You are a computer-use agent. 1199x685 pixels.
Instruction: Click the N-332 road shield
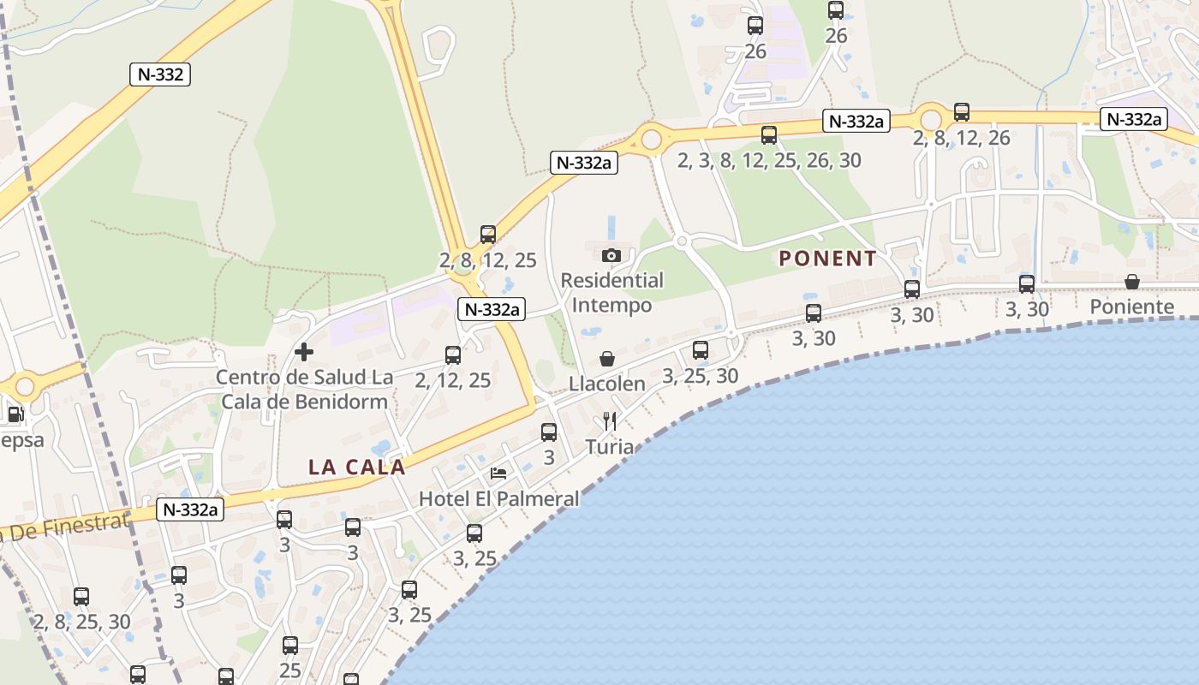160,74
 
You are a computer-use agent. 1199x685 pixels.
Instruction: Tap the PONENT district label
827,259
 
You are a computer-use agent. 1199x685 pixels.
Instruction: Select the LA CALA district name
356,468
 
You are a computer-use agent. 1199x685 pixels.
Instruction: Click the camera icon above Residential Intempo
611,255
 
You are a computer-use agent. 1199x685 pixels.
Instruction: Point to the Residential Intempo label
611,293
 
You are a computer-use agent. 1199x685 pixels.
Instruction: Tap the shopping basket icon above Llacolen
607,359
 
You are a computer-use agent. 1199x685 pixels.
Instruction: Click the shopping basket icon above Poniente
1131,282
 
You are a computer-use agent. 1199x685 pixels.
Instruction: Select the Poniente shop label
1131,307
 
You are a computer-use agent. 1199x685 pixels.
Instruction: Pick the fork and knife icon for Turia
610,420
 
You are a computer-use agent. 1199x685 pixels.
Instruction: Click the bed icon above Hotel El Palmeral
498,473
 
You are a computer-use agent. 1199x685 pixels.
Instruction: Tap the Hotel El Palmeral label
498,498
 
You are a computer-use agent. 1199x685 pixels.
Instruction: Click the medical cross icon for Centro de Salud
303,351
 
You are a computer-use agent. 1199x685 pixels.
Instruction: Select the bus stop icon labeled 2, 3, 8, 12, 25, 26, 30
768,134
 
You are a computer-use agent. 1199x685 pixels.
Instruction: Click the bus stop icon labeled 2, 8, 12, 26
961,112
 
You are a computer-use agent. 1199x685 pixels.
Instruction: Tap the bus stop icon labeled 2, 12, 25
452,355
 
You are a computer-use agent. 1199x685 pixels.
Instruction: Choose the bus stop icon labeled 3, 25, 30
700,350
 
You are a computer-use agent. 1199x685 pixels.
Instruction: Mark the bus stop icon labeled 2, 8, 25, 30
81,597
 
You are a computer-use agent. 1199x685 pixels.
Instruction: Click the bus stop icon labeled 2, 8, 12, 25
487,235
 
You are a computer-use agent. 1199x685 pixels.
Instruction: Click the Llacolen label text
607,384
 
